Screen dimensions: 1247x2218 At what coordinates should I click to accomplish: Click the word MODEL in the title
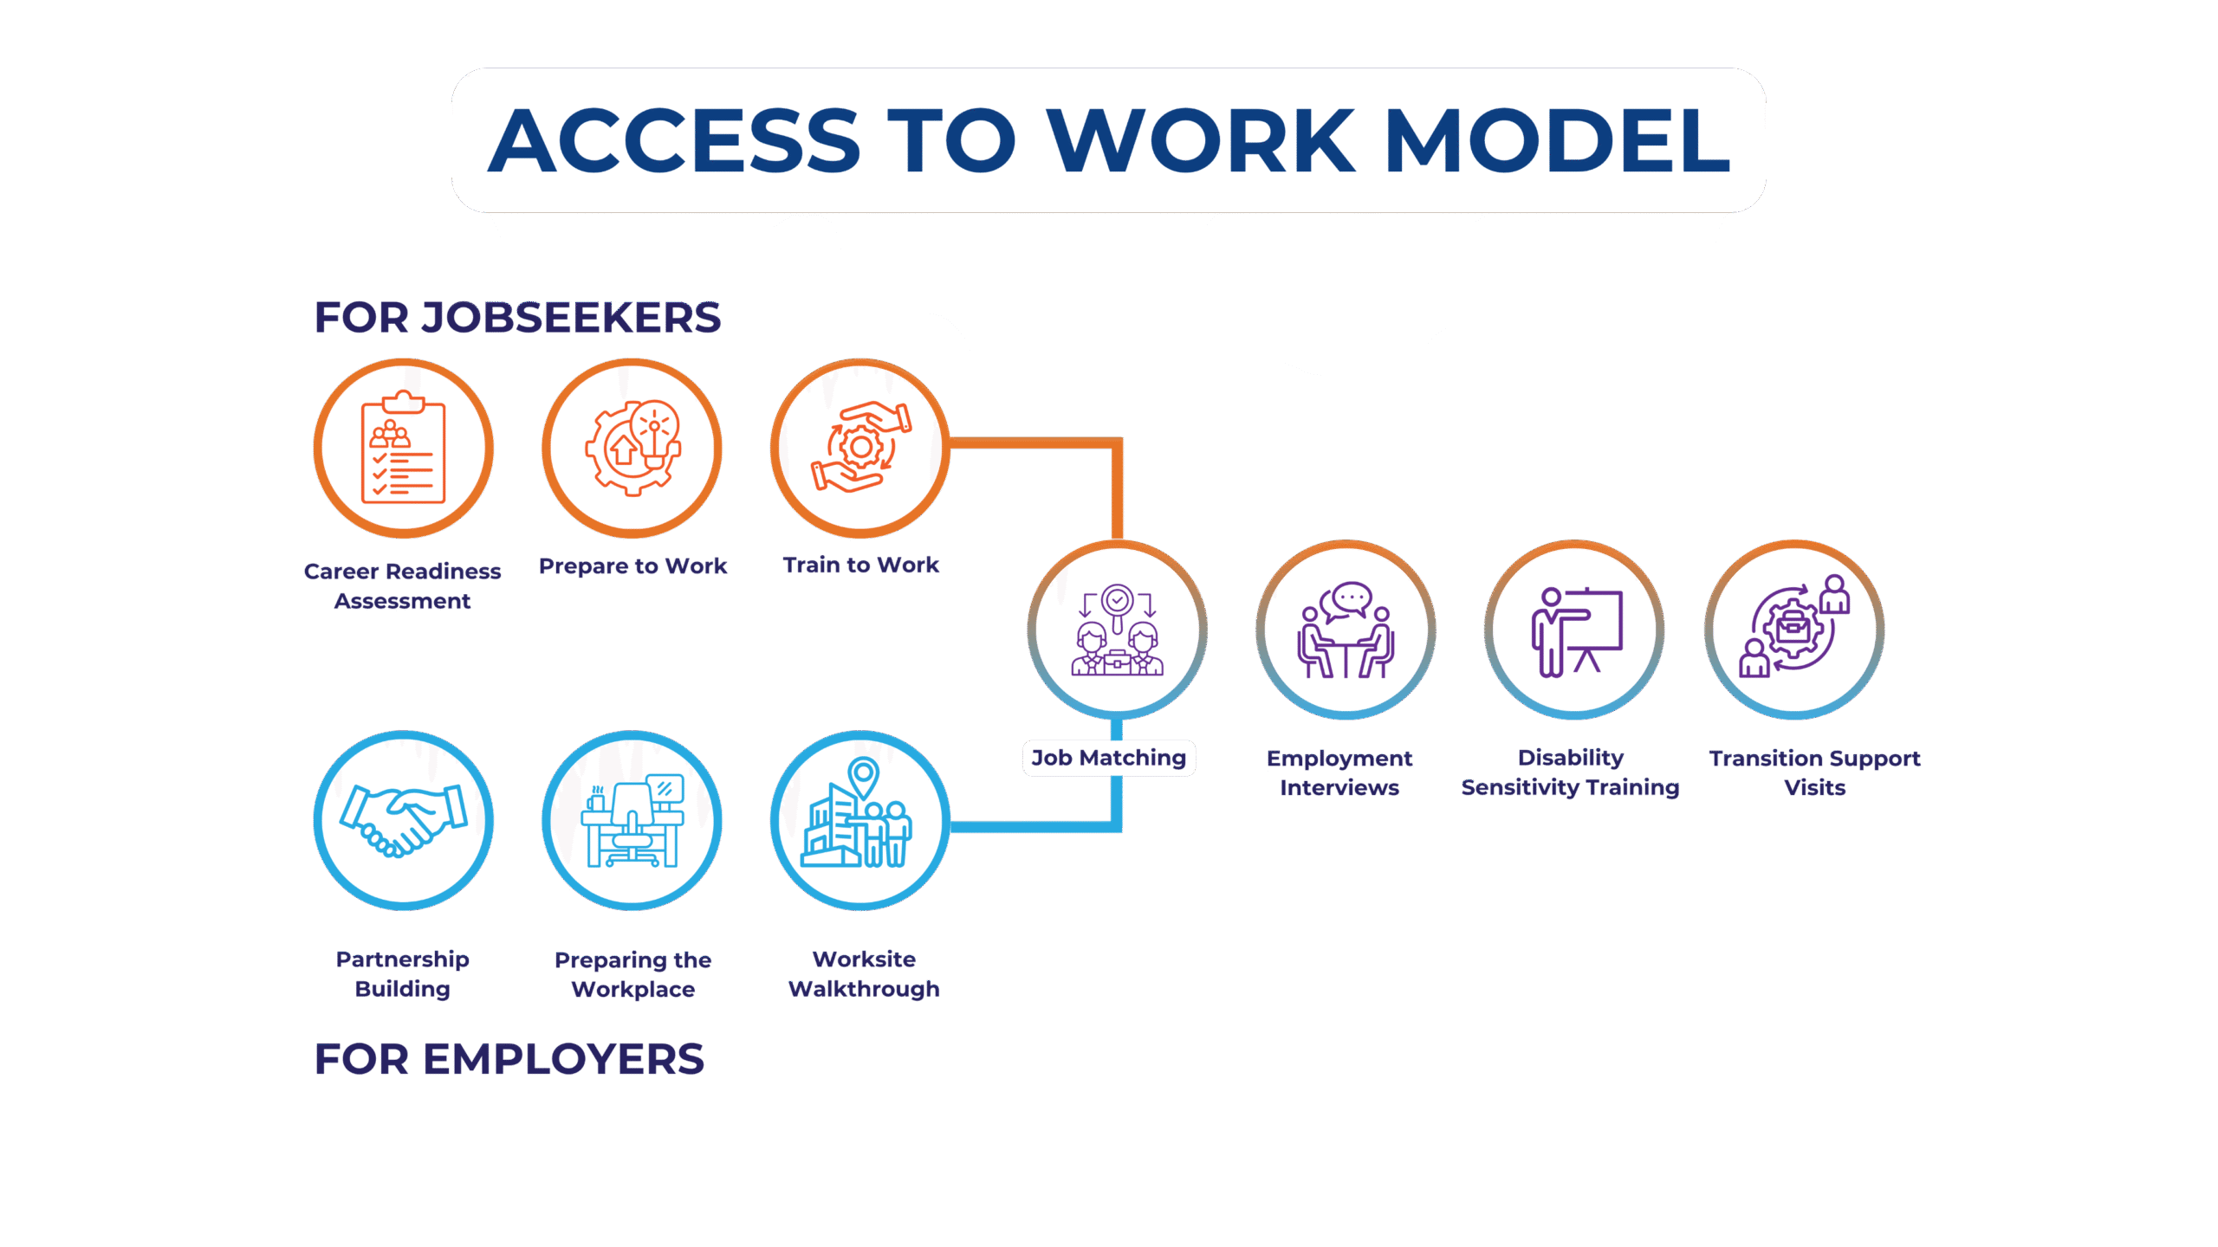tap(1557, 140)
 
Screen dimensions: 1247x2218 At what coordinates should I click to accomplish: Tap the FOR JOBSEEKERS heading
tap(517, 318)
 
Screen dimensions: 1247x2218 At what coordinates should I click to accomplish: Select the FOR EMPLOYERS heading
tap(509, 1059)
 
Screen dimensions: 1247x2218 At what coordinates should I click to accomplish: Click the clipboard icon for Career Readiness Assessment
tap(404, 448)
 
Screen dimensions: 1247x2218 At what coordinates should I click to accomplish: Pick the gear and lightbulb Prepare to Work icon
tap(632, 448)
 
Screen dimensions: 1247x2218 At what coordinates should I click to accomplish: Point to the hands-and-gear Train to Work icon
tap(860, 448)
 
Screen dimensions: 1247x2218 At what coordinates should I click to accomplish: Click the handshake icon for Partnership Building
tap(404, 820)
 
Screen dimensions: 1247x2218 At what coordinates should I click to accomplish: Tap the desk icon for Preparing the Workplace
tap(632, 820)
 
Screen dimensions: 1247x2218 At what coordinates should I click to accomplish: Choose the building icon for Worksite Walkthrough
tap(860, 820)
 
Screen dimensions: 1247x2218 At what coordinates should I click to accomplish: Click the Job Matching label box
tap(1109, 758)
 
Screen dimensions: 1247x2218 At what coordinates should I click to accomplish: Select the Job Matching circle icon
tap(1118, 630)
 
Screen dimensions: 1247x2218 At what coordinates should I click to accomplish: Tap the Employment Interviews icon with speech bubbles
tap(1346, 630)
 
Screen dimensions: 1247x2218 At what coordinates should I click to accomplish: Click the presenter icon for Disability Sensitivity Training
tap(1574, 630)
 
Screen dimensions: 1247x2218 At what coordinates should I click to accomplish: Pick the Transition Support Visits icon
tap(1794, 630)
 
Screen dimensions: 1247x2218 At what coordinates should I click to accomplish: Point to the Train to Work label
tap(860, 565)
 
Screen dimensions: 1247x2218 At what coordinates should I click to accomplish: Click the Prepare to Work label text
tap(632, 566)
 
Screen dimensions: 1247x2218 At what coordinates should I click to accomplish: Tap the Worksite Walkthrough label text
tap(864, 974)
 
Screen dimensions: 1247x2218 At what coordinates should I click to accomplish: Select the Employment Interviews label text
tap(1339, 772)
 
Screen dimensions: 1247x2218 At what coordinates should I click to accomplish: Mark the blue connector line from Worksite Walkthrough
tap(1040, 827)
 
